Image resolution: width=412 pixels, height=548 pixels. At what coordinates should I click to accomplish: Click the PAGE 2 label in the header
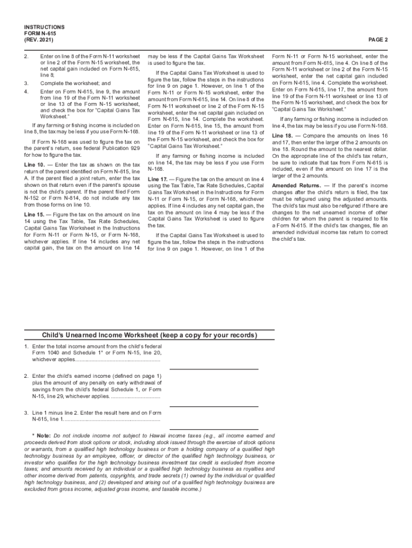click(x=377, y=40)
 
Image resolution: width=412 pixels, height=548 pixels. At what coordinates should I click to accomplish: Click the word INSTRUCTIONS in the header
click(x=44, y=27)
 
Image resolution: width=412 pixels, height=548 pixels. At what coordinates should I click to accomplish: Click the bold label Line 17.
click(x=160, y=178)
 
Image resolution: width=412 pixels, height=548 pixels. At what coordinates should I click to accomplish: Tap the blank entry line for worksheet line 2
click(x=214, y=406)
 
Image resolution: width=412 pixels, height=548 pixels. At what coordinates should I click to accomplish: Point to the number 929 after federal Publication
click(x=133, y=147)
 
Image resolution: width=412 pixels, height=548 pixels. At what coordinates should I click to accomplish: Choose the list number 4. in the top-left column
click(x=26, y=92)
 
